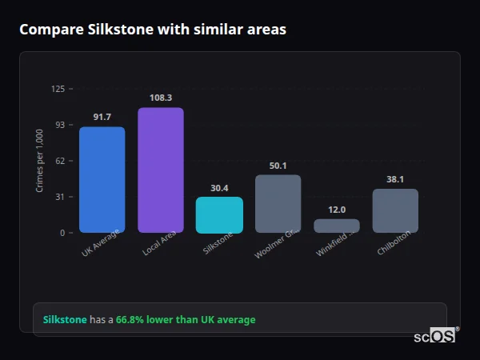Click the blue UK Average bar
pyautogui.click(x=102, y=179)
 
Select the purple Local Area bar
pyautogui.click(x=160, y=170)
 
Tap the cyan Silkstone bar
pyautogui.click(x=219, y=214)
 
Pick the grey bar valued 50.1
pyautogui.click(x=278, y=203)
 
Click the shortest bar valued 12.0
pyautogui.click(x=337, y=226)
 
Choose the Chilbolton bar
pyautogui.click(x=395, y=210)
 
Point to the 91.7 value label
pyautogui.click(x=102, y=118)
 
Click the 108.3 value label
pyautogui.click(x=160, y=98)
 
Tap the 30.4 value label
pyautogui.click(x=219, y=188)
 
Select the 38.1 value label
pyautogui.click(x=395, y=179)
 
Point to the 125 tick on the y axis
pyautogui.click(x=58, y=89)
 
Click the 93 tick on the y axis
pyautogui.click(x=59, y=125)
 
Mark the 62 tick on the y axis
pyautogui.click(x=59, y=161)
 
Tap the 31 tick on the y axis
pyautogui.click(x=59, y=197)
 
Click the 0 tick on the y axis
pyautogui.click(x=62, y=233)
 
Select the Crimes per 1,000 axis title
pyautogui.click(x=40, y=161)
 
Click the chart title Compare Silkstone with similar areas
pyautogui.click(x=153, y=30)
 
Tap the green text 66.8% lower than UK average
pyautogui.click(x=186, y=320)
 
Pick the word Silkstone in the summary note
pyautogui.click(x=64, y=320)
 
